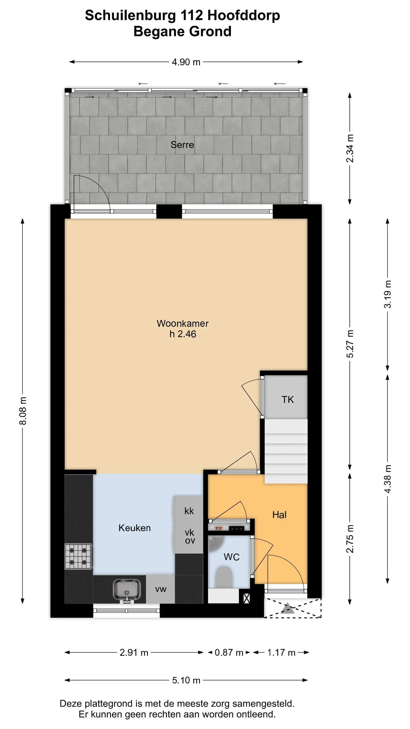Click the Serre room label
pos(182,145)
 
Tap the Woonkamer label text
pos(182,323)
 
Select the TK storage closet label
pos(288,399)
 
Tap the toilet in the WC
pos(224,577)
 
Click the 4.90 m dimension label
pos(186,62)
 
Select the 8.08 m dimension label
pos(23,411)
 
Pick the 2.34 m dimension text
pos(350,148)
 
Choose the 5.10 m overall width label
pos(186,680)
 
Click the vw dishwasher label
pos(161,590)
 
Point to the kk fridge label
pos(189,511)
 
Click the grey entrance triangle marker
pos(288,608)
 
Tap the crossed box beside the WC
pos(247,598)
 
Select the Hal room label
pos(279,515)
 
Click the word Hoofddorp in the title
pos(244,15)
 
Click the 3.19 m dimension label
pos(388,294)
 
